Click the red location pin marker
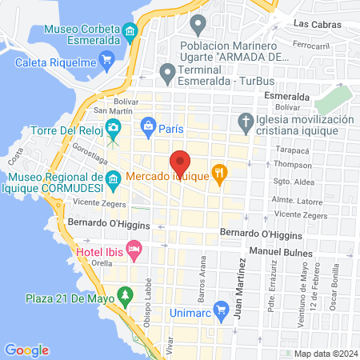click(x=181, y=162)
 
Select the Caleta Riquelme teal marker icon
click(x=107, y=62)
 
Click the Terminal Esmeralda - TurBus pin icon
click(x=167, y=73)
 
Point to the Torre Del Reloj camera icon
click(x=114, y=127)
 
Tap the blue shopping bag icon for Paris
click(x=148, y=126)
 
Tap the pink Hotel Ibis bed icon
click(x=134, y=250)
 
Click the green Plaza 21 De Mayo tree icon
click(x=124, y=298)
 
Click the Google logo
click(x=26, y=350)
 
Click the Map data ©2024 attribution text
click(x=324, y=353)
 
